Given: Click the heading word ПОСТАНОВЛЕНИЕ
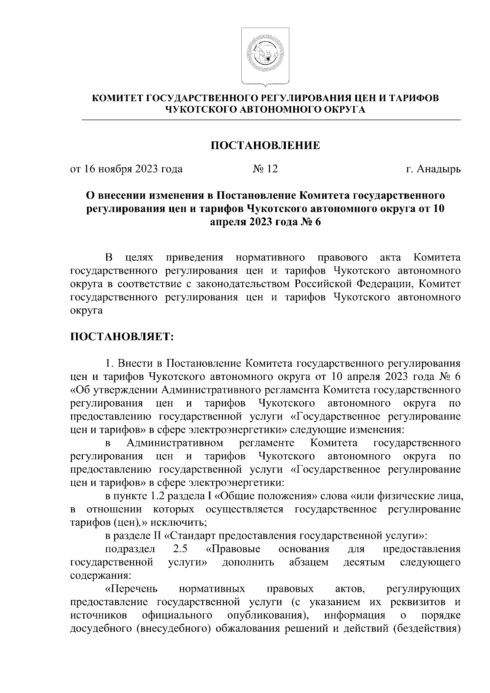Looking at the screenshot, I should pyautogui.click(x=265, y=145).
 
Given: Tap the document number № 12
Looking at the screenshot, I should pyautogui.click(x=265, y=169).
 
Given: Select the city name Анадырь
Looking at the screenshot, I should pyautogui.click(x=439, y=169).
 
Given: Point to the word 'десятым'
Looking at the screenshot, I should pyautogui.click(x=364, y=562).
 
